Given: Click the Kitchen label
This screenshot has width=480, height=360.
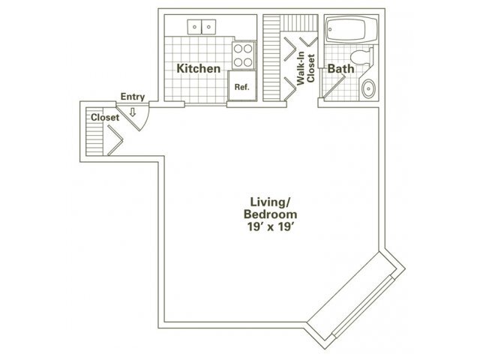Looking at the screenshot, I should [x=199, y=69].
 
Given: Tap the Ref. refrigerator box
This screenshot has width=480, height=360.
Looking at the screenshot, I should [x=241, y=87].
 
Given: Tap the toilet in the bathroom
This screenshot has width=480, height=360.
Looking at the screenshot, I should [x=361, y=56].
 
